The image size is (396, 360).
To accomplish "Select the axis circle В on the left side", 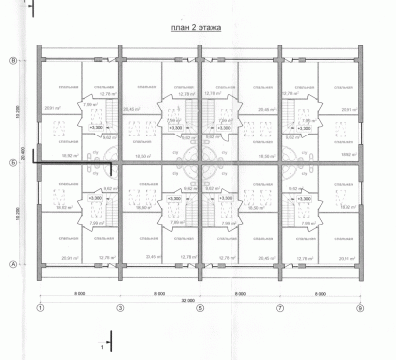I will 13,62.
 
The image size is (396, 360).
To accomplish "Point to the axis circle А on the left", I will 13,264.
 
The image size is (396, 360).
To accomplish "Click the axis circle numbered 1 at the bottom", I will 39,309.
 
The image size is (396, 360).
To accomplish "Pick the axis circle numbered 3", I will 120,309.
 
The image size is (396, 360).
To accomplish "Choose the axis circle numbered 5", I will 199,309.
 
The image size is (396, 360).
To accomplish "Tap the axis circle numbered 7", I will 279,309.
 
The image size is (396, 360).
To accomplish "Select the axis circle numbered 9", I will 359,309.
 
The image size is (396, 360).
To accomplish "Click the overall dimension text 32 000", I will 199,300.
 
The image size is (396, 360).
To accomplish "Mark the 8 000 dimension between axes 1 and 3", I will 79,294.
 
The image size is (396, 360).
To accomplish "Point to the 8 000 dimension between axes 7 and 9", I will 319,294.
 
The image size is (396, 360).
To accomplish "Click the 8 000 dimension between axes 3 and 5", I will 159,294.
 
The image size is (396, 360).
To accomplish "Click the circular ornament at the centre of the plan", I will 199,163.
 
